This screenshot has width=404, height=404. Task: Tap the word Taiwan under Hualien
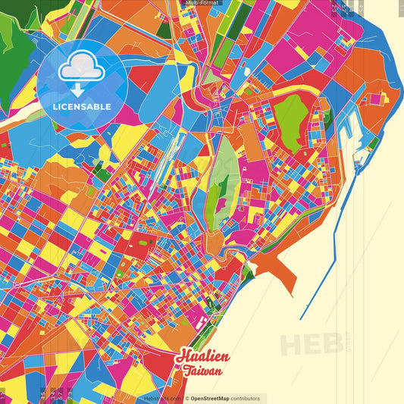coord(202,371)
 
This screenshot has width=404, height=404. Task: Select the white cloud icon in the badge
coord(83,69)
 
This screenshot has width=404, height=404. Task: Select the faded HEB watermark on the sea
coord(311,343)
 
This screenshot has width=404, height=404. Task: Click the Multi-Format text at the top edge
coord(202,3)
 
